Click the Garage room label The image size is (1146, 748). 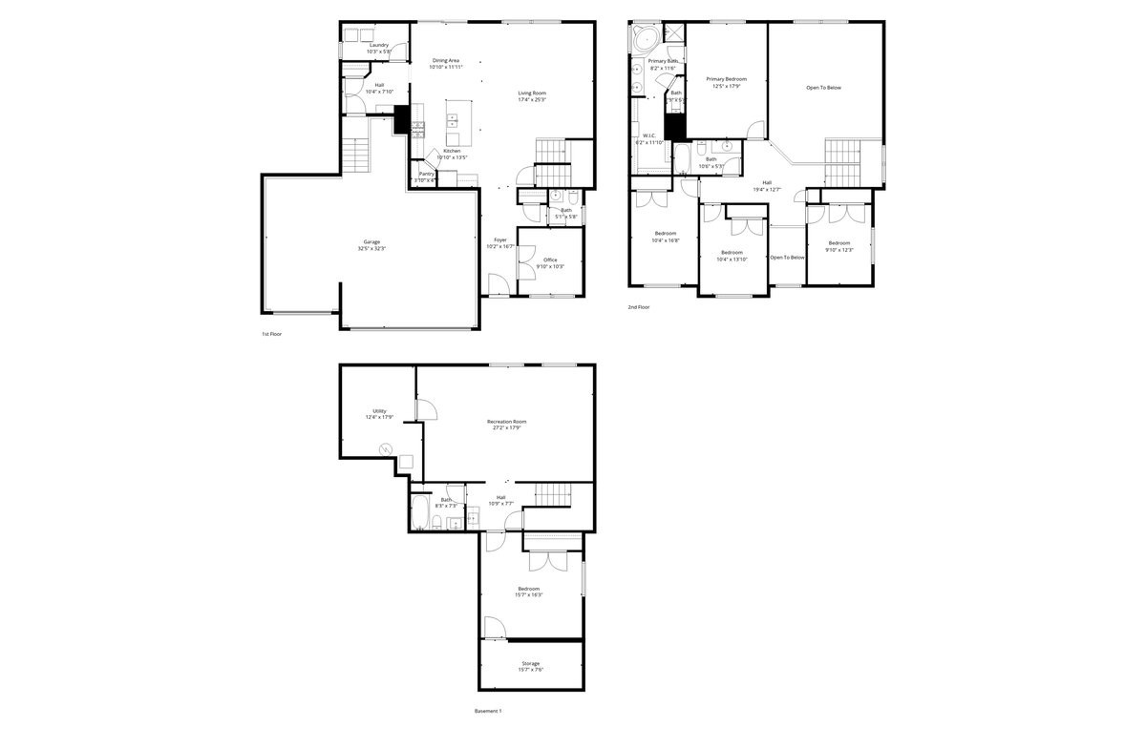(x=371, y=241)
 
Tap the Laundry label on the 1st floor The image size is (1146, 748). (x=379, y=45)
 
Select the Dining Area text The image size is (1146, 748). (x=446, y=60)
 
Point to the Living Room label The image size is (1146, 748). (x=532, y=93)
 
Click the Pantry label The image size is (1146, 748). (x=426, y=174)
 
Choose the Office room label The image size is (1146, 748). (x=550, y=260)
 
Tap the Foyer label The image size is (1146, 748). (x=500, y=239)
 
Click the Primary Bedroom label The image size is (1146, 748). (x=727, y=79)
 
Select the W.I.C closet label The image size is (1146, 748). (x=648, y=135)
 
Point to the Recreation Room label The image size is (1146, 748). (x=506, y=422)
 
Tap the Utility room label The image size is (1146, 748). (x=379, y=411)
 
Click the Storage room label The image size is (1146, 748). (x=530, y=663)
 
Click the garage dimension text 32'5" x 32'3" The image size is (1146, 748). (x=371, y=248)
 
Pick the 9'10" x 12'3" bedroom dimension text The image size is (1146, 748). (x=838, y=249)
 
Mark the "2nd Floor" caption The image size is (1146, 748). (x=638, y=307)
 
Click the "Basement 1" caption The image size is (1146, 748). (x=487, y=711)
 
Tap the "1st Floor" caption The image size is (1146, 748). (x=271, y=334)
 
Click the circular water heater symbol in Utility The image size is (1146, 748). (x=387, y=448)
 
